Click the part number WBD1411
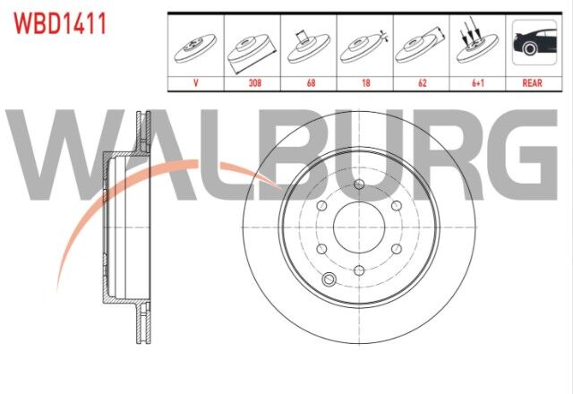click(x=60, y=23)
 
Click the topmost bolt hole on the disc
click(x=359, y=186)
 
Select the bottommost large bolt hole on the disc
click(x=359, y=271)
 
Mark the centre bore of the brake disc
click(x=358, y=228)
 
